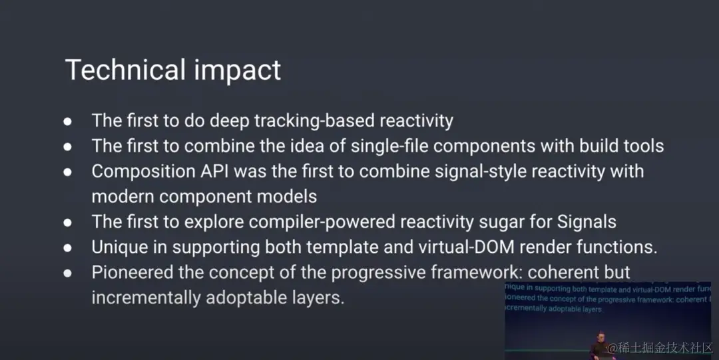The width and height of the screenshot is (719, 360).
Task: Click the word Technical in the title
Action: point(125,70)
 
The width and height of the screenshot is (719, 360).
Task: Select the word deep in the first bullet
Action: point(229,121)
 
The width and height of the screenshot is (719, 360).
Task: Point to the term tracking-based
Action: point(314,121)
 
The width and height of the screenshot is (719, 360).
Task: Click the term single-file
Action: point(389,146)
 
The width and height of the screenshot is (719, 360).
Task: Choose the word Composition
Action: point(144,172)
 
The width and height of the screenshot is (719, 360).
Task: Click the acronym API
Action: point(216,171)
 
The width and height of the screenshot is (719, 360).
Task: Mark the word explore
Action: point(214,222)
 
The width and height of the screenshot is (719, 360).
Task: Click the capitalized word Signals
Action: point(587,222)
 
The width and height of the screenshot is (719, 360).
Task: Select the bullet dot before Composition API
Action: point(68,172)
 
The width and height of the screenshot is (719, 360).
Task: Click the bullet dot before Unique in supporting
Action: point(68,248)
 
